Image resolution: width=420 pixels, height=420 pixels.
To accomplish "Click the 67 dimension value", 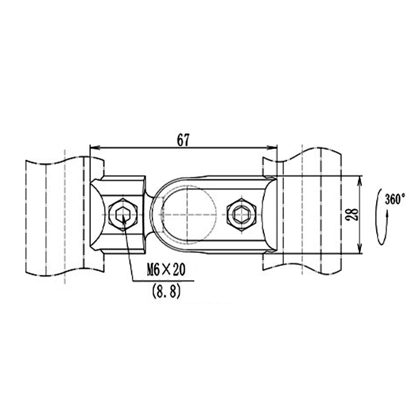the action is pos(183,140).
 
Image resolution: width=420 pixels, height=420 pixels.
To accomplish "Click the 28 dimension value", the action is pos(352,215).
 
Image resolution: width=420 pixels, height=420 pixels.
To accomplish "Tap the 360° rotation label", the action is pos(395,199).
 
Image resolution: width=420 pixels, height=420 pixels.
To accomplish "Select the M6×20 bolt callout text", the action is pos(166,270).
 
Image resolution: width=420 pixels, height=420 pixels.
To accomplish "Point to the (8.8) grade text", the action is pos(166,291).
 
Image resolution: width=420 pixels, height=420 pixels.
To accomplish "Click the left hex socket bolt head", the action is pos(123,215).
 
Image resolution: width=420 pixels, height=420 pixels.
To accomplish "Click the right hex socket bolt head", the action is pos(241,215).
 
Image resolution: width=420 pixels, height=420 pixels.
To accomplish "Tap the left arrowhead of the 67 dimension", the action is pos(95,147).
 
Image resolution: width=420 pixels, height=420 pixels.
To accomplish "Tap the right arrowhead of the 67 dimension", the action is pos(272,147).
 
